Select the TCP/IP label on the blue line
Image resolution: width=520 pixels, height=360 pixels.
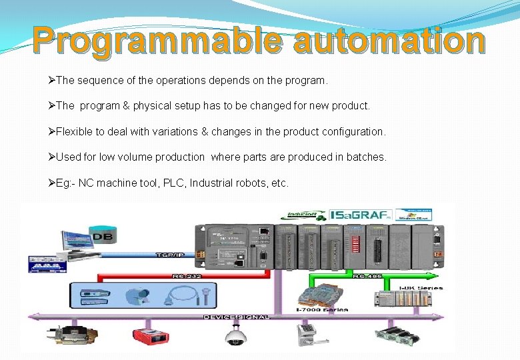point(171,255)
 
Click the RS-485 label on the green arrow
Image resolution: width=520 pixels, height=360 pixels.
point(367,275)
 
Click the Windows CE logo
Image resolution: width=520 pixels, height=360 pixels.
point(413,215)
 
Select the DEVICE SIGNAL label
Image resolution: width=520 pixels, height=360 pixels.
point(236,317)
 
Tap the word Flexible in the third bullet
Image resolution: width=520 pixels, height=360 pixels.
point(73,132)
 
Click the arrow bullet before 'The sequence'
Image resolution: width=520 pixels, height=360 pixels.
point(52,81)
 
